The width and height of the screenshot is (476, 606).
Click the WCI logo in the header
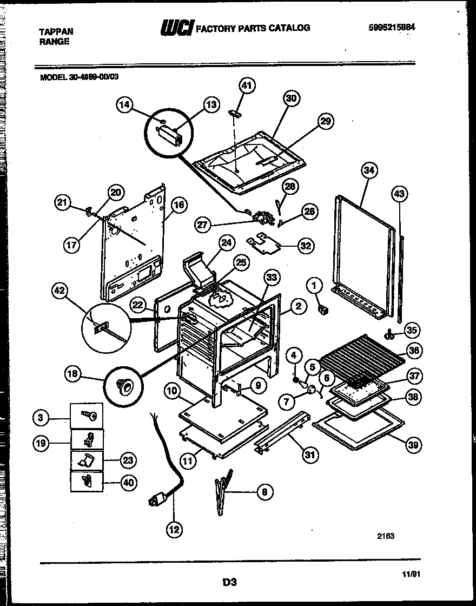pos(177,27)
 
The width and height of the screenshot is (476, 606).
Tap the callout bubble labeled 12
pos(174,530)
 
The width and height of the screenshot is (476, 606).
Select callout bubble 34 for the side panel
pos(368,172)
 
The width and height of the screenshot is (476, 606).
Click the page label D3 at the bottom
pos(230,582)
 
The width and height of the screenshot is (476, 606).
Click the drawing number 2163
pos(386,536)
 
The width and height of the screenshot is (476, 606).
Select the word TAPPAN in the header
pos(56,32)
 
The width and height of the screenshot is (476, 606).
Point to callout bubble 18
pos(73,373)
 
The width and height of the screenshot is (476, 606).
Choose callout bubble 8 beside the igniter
pos(263,492)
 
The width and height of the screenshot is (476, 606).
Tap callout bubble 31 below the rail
pos(309,454)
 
